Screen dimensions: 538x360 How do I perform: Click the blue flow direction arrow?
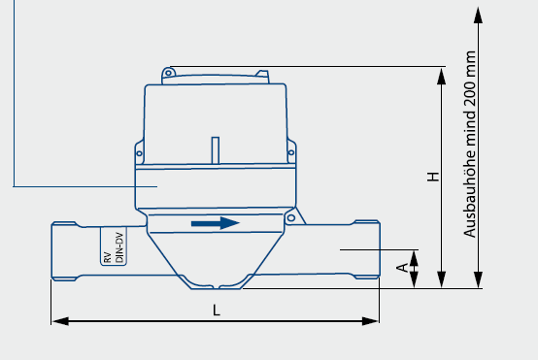pyautogui.click(x=216, y=223)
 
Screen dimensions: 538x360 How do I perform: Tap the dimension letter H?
pyautogui.click(x=433, y=177)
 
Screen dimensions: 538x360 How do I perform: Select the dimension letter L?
pyautogui.click(x=217, y=311)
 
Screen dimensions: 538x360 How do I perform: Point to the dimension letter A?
pyautogui.click(x=402, y=268)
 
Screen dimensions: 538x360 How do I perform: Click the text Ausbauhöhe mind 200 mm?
pyautogui.click(x=470, y=144)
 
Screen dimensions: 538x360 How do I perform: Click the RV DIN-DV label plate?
pyautogui.click(x=114, y=245)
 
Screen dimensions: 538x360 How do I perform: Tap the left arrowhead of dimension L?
pyautogui.click(x=60, y=321)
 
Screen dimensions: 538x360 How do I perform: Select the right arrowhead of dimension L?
pyautogui.click(x=371, y=321)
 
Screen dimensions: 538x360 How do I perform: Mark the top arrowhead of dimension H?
pyautogui.click(x=442, y=76)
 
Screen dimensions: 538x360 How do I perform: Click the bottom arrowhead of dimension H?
pyautogui.click(x=442, y=279)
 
